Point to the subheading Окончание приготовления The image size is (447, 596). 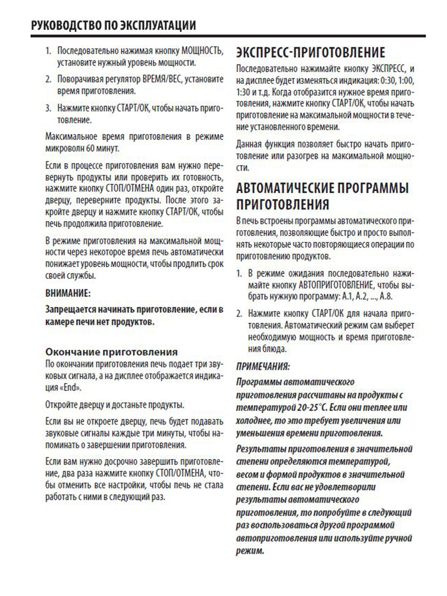(x=111, y=352)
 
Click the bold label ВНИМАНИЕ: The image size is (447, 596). (x=68, y=294)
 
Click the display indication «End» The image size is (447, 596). (x=73, y=387)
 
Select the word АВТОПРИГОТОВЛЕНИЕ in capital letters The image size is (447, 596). (x=335, y=286)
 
